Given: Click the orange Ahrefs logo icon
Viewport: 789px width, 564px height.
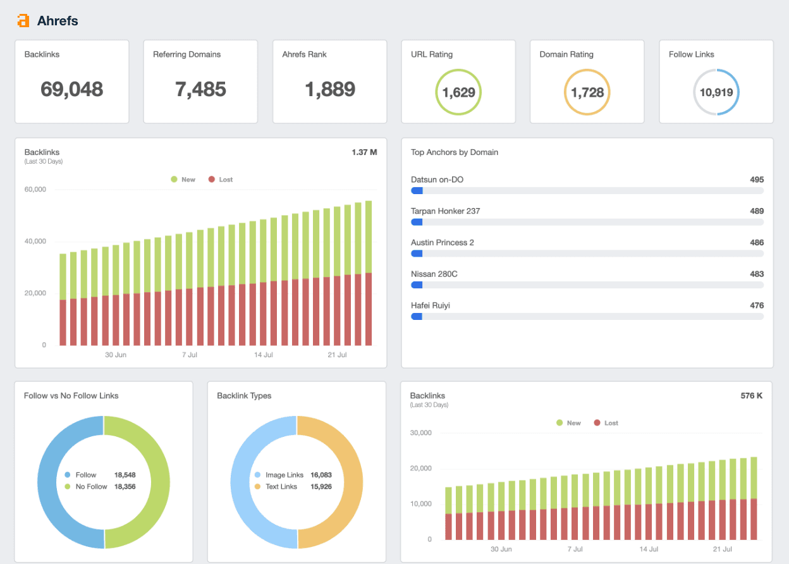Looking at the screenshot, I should [x=23, y=21].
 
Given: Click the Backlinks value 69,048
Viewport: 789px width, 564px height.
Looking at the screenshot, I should [x=71, y=89].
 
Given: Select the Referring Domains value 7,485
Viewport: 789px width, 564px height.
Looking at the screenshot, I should [x=200, y=89].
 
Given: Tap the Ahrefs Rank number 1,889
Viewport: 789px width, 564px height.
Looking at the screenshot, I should [x=329, y=89].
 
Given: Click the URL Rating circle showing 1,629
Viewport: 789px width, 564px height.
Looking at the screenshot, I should [x=458, y=92].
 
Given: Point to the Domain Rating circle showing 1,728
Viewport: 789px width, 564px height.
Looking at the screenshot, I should [x=587, y=92].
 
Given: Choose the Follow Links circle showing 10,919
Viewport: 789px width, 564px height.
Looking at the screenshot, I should [x=716, y=92].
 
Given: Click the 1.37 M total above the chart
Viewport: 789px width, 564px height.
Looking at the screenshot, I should [x=364, y=152].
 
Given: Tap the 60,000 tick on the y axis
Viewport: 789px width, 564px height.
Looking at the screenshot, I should [x=35, y=190].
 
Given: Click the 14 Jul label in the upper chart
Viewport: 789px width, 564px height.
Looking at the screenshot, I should [x=264, y=355].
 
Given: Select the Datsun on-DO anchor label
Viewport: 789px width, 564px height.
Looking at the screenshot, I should [x=437, y=180].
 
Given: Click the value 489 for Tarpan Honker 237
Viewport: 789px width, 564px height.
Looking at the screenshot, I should [x=757, y=211].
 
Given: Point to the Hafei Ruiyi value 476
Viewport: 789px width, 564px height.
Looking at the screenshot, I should [x=757, y=305].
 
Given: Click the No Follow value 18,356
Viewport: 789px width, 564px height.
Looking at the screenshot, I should [x=125, y=486].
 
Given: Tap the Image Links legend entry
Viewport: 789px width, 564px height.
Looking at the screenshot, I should [x=284, y=475].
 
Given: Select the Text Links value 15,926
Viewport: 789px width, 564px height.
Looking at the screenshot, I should [x=321, y=486].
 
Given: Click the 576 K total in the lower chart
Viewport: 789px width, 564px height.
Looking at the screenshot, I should [x=752, y=396].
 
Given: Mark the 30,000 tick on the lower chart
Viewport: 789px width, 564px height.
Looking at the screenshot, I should [x=421, y=433].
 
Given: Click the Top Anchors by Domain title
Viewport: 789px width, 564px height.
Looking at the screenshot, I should [x=455, y=152].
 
